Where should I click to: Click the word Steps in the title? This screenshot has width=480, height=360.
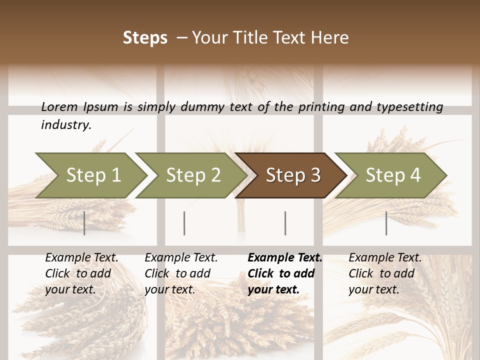click(145, 37)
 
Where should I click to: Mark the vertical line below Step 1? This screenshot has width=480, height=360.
click(84, 223)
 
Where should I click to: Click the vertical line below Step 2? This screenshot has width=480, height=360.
click(184, 223)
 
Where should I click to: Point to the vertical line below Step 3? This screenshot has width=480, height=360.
click(285, 223)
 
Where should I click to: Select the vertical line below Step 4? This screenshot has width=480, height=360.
click(386, 223)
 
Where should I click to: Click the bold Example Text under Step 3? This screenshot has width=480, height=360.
click(285, 258)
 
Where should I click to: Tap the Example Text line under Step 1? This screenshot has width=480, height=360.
click(81, 258)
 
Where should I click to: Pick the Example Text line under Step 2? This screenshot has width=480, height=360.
click(181, 258)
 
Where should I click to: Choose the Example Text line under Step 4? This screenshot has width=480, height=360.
click(385, 258)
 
